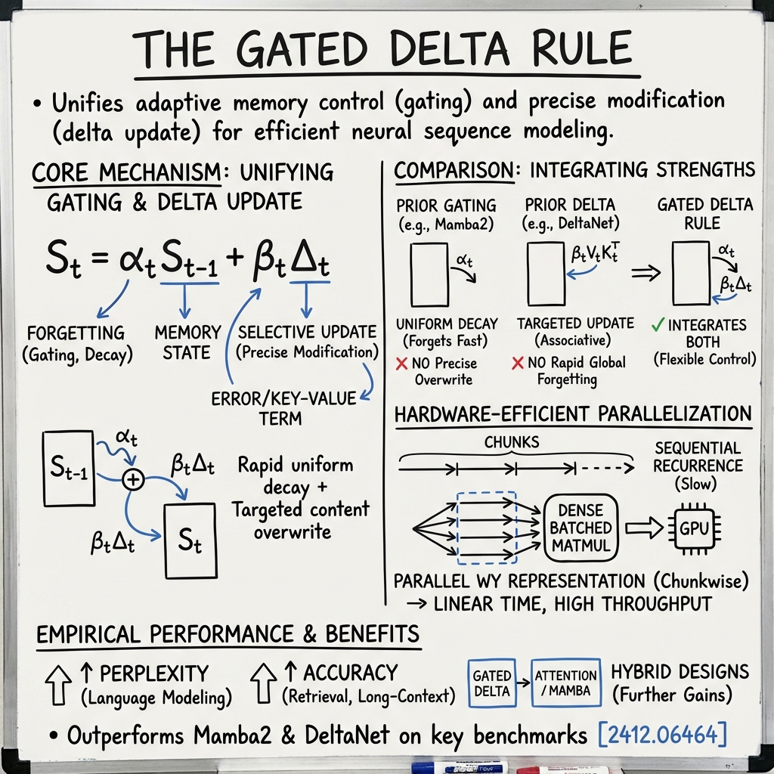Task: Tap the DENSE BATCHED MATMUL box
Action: (581, 527)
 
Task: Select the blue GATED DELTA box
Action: (491, 684)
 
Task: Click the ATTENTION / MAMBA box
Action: (565, 684)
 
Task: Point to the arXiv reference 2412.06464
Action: (663, 735)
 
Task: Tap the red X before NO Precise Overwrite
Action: (402, 364)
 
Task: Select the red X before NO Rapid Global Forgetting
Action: (518, 364)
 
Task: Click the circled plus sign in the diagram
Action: (133, 479)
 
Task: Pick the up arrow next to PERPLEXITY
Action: (57, 684)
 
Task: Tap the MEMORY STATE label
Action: (187, 342)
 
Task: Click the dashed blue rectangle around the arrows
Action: (487, 527)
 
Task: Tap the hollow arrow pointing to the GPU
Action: (642, 527)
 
